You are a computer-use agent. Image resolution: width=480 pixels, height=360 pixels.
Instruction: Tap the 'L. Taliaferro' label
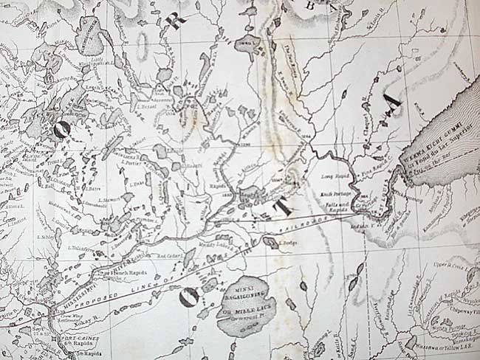(82, 249)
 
